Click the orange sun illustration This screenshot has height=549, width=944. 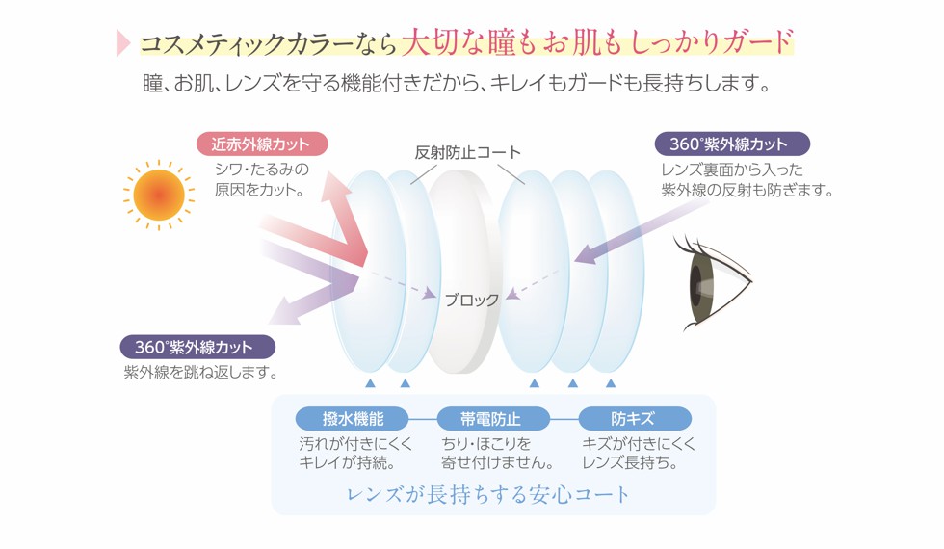click(x=159, y=195)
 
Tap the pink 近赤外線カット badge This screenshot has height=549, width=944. click(x=262, y=144)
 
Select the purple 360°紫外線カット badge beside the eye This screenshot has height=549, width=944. click(x=732, y=144)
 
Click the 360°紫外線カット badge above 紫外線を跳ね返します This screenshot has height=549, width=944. click(x=197, y=348)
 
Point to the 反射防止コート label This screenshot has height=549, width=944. click(x=467, y=152)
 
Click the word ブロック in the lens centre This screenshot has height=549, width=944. click(x=471, y=300)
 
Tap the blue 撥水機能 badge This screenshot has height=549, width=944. click(x=353, y=418)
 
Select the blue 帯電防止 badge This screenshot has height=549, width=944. click(x=493, y=418)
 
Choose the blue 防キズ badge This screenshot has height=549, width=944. click(x=635, y=418)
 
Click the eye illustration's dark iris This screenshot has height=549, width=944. click(x=698, y=285)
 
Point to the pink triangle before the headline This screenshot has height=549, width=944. click(x=123, y=42)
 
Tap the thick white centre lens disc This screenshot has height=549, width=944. click(x=463, y=271)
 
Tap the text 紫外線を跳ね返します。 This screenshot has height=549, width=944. click(x=201, y=373)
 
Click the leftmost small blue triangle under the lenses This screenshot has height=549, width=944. click(x=370, y=383)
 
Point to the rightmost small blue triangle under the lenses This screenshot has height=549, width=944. click(x=611, y=383)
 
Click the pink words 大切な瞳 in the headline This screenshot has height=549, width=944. click(x=459, y=42)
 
